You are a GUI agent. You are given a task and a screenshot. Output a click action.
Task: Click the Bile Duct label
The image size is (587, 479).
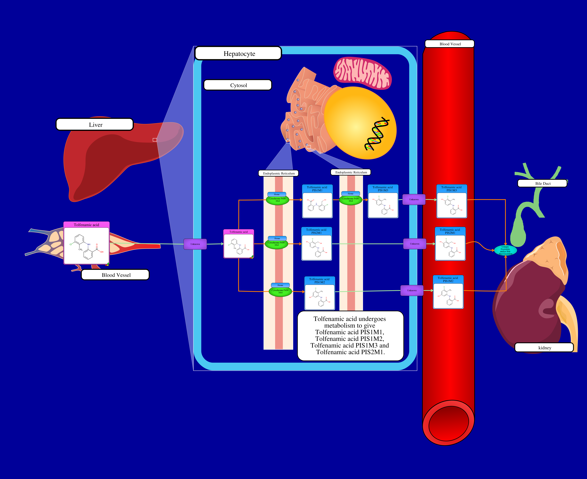click(x=542, y=183)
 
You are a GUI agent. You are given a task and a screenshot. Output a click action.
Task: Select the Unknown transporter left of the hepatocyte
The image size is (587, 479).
click(x=195, y=244)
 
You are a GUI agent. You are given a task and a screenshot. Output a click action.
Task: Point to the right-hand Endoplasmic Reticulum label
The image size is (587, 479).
click(x=351, y=172)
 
